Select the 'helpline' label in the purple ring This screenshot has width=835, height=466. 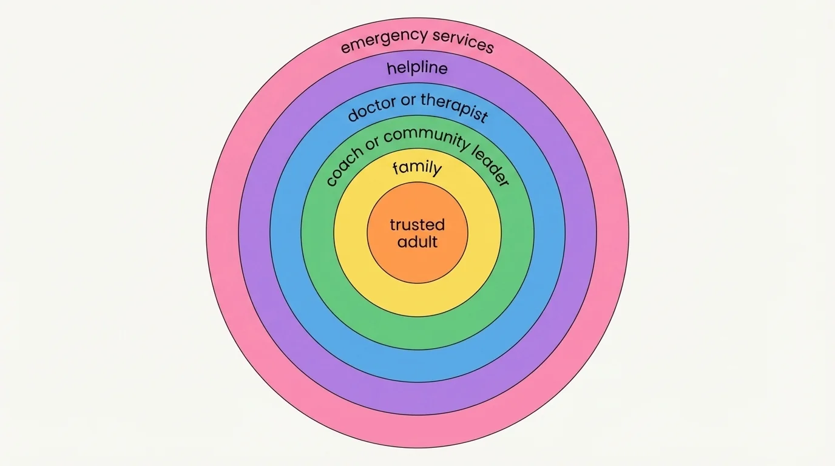pyautogui.click(x=417, y=68)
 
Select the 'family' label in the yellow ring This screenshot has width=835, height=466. pyautogui.click(x=417, y=168)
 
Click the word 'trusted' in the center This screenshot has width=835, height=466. pyautogui.click(x=417, y=225)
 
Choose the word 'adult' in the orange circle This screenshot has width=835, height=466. pyautogui.click(x=417, y=242)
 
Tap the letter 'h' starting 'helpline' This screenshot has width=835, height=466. pyautogui.click(x=392, y=68)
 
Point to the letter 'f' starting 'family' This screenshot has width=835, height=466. pyautogui.click(x=396, y=168)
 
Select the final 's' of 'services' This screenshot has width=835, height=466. pyautogui.click(x=489, y=47)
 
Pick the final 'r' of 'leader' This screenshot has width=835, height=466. pyautogui.click(x=503, y=181)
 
